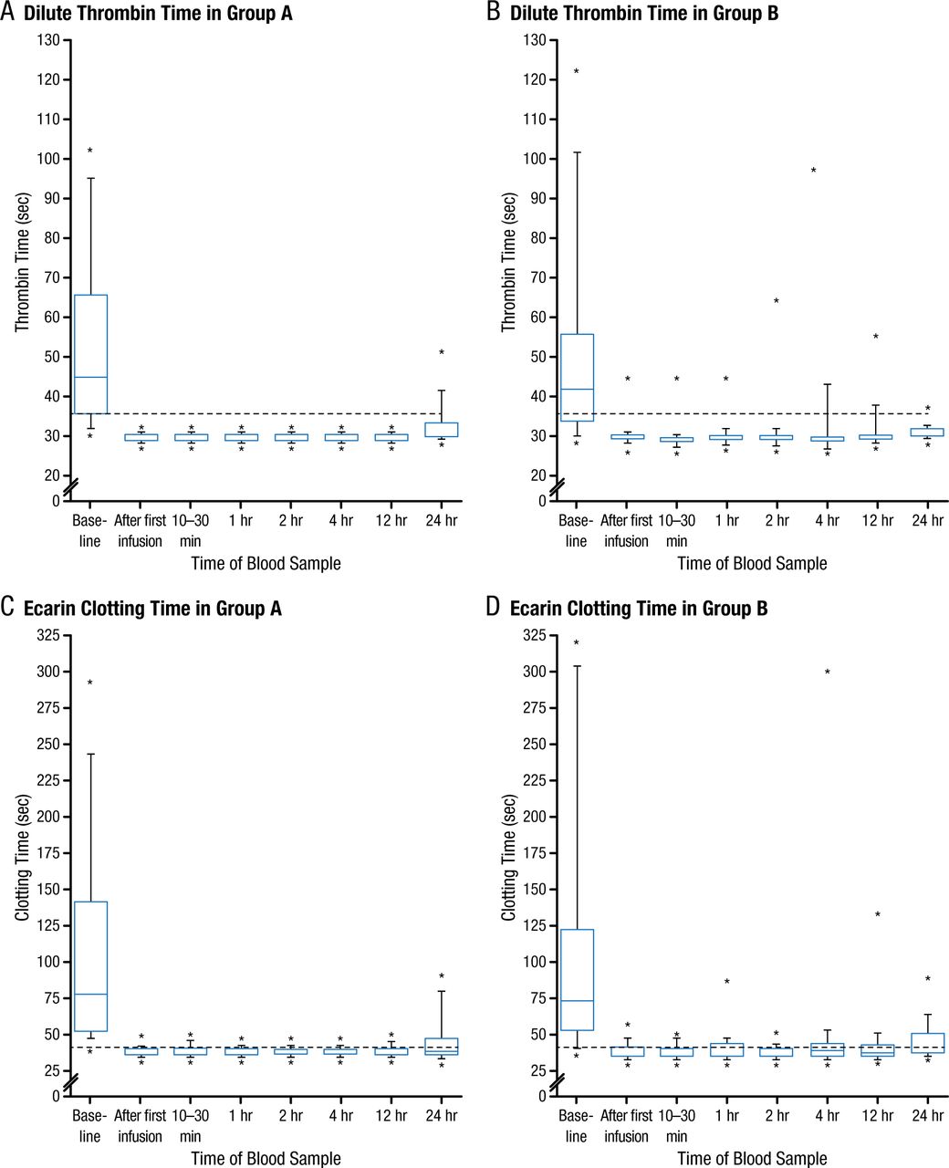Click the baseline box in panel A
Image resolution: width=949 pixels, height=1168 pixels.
coord(90,354)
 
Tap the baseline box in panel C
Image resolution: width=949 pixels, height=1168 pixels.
coord(90,966)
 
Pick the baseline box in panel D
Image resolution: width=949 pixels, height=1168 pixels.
coord(577,980)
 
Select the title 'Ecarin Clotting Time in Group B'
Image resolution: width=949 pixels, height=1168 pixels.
coord(639,609)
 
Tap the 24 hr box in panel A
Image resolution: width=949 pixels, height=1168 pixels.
coord(442,430)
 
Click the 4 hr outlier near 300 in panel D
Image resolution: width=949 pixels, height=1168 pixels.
coord(828,673)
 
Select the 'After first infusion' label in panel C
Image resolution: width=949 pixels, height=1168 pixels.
coord(141,1126)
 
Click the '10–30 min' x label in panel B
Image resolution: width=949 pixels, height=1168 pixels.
coord(677,530)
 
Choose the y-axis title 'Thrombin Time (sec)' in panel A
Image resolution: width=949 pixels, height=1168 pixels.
coord(23,261)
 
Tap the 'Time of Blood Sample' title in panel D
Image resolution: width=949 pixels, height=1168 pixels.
coord(752,1159)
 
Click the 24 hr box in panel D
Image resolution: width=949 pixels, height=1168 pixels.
coord(927,1043)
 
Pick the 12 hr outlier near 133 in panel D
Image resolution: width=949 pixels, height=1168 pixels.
coord(878,915)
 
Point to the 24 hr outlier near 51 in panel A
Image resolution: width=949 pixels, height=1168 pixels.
coord(442,353)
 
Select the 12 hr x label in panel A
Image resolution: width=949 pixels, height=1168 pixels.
coord(391,521)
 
